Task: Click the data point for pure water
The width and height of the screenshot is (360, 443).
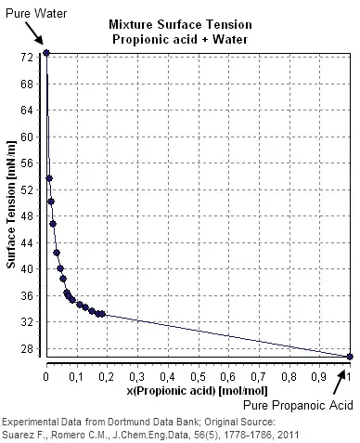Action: coord(46,52)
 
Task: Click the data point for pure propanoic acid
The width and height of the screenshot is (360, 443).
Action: coord(350,357)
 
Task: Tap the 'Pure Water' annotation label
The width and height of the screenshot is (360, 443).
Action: coord(32,8)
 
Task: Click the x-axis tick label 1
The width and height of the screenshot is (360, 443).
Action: coord(350,378)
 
